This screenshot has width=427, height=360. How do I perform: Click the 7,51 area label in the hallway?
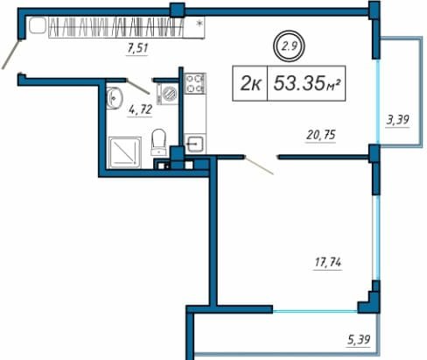click(x=137, y=48)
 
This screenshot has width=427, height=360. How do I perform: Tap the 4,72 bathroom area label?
click(x=140, y=110)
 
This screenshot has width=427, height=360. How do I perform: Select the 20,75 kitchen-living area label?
click(x=321, y=135)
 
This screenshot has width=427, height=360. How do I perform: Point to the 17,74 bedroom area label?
click(x=328, y=263)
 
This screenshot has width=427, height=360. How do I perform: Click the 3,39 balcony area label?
click(x=397, y=120)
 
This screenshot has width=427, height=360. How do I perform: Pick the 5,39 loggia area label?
click(x=359, y=340)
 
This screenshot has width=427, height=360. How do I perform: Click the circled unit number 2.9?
click(x=289, y=46)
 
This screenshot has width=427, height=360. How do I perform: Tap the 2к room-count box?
click(x=250, y=83)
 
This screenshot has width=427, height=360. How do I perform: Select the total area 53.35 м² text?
click(x=307, y=83)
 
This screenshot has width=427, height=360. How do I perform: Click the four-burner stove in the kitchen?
click(x=195, y=83)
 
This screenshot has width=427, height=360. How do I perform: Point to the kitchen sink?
click(x=195, y=144)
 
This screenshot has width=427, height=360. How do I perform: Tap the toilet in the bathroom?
click(x=158, y=142)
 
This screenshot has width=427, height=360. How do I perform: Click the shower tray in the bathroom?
click(x=125, y=152)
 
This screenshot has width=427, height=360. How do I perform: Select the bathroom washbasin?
click(x=114, y=98)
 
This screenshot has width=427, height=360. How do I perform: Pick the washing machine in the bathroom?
click(x=167, y=94)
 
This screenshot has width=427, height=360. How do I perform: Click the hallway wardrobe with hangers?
click(x=115, y=27)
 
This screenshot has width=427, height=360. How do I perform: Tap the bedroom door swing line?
click(x=259, y=166)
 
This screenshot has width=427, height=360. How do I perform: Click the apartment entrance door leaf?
click(x=11, y=54)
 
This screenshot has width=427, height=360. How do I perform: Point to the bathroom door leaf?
click(x=138, y=87)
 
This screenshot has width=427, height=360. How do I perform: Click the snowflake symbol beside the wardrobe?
click(x=199, y=23)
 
